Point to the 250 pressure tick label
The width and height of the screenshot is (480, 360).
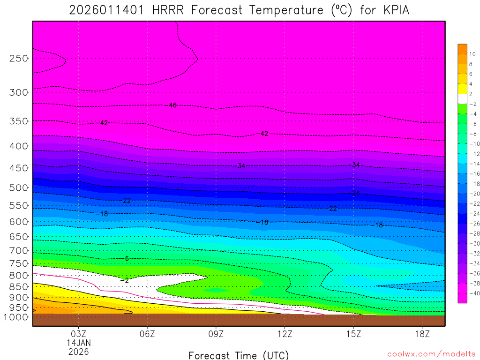(19, 59)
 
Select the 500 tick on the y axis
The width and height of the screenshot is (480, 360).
(19, 188)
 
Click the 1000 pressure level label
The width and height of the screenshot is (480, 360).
(16, 317)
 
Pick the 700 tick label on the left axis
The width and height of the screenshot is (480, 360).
(19, 250)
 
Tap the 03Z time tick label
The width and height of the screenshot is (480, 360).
(78, 334)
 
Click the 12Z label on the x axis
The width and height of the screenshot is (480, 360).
(285, 334)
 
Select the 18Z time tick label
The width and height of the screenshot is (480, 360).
(422, 334)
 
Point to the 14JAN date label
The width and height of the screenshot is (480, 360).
(78, 343)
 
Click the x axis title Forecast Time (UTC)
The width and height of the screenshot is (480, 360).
(239, 355)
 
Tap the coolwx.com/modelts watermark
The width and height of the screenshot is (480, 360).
(431, 354)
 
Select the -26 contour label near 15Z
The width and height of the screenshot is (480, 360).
(355, 193)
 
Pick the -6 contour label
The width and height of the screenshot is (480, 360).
(126, 259)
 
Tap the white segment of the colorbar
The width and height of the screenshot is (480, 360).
(462, 99)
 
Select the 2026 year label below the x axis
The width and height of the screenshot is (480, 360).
(78, 352)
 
